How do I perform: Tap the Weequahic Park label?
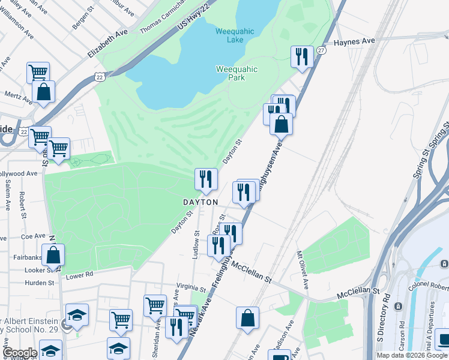pos(237,74)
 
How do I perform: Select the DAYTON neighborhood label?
pos(200,203)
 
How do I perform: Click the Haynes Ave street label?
pos(354,41)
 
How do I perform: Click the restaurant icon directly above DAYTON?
pos(205,179)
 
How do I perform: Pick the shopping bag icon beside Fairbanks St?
pos(53,256)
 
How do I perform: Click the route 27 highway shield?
pos(322,51)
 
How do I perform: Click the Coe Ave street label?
pos(33,236)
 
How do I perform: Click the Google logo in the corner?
pos(20,353)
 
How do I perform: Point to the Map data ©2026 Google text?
pos(412,355)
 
